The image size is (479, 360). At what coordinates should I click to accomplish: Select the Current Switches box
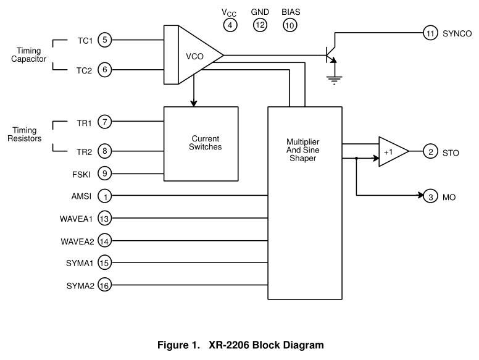click(201, 143)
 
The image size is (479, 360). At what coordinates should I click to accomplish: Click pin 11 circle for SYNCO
click(430, 33)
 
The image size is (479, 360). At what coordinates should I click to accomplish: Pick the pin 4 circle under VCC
click(230, 25)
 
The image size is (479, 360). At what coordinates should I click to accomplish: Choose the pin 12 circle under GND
click(260, 25)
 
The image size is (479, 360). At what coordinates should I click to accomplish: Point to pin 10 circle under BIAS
click(289, 25)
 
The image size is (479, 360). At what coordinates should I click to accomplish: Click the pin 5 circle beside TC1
click(105, 41)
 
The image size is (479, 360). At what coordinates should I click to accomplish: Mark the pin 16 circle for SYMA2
click(105, 285)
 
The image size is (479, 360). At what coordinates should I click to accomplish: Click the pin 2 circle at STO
click(430, 152)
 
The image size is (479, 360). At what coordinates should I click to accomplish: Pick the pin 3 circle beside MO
click(430, 197)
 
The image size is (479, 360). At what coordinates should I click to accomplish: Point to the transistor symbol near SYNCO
click(332, 54)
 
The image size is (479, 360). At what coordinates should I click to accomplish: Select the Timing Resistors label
click(25, 135)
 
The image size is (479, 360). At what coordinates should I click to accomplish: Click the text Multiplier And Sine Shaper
click(304, 150)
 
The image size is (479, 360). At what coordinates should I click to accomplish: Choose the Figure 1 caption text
click(239, 345)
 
